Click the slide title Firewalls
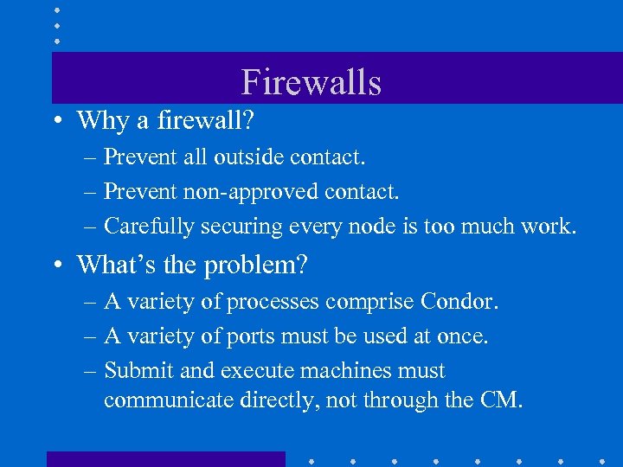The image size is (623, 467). tap(311, 82)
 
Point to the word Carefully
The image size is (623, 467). tap(149, 226)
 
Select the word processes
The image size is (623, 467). tap(277, 302)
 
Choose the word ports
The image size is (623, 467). tap(247, 336)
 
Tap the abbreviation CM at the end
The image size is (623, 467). tap(504, 401)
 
